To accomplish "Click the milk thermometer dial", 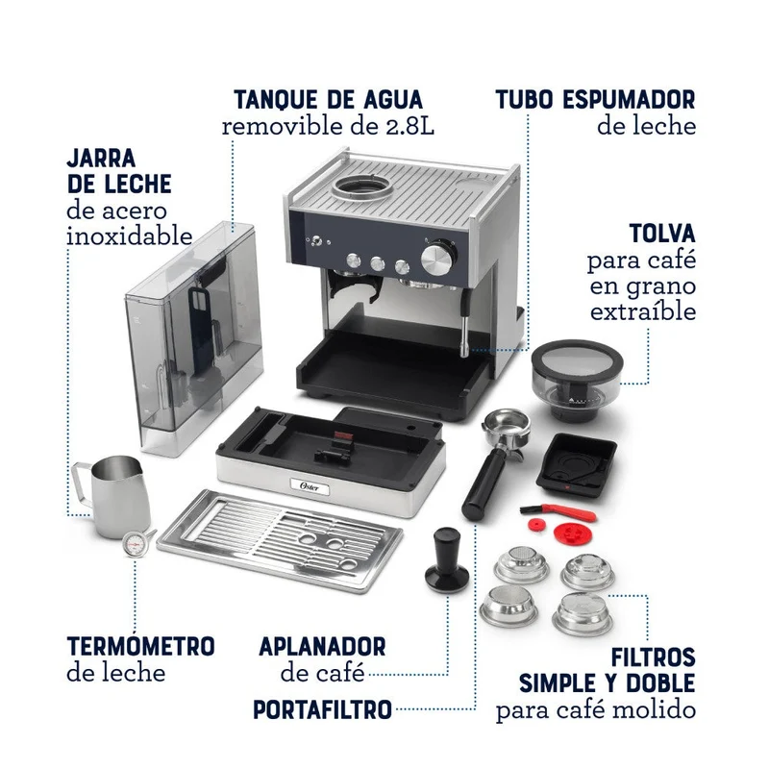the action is click(x=133, y=545).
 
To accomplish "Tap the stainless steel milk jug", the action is click(x=112, y=495).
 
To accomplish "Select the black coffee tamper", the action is click(x=446, y=559).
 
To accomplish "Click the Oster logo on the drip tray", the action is click(x=310, y=486).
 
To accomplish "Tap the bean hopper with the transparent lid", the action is click(x=577, y=380).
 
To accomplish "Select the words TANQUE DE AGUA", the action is click(x=328, y=100).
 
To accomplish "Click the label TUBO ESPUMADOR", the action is click(x=595, y=100).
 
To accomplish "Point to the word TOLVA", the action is click(x=662, y=233).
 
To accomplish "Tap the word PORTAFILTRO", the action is click(x=322, y=709).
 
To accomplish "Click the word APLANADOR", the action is click(x=322, y=646).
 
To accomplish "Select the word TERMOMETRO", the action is click(x=140, y=645).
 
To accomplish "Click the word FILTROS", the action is click(x=653, y=657).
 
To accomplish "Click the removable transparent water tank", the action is click(x=194, y=338).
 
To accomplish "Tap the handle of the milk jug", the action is click(x=82, y=484).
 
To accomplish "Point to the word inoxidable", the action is click(x=130, y=236).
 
